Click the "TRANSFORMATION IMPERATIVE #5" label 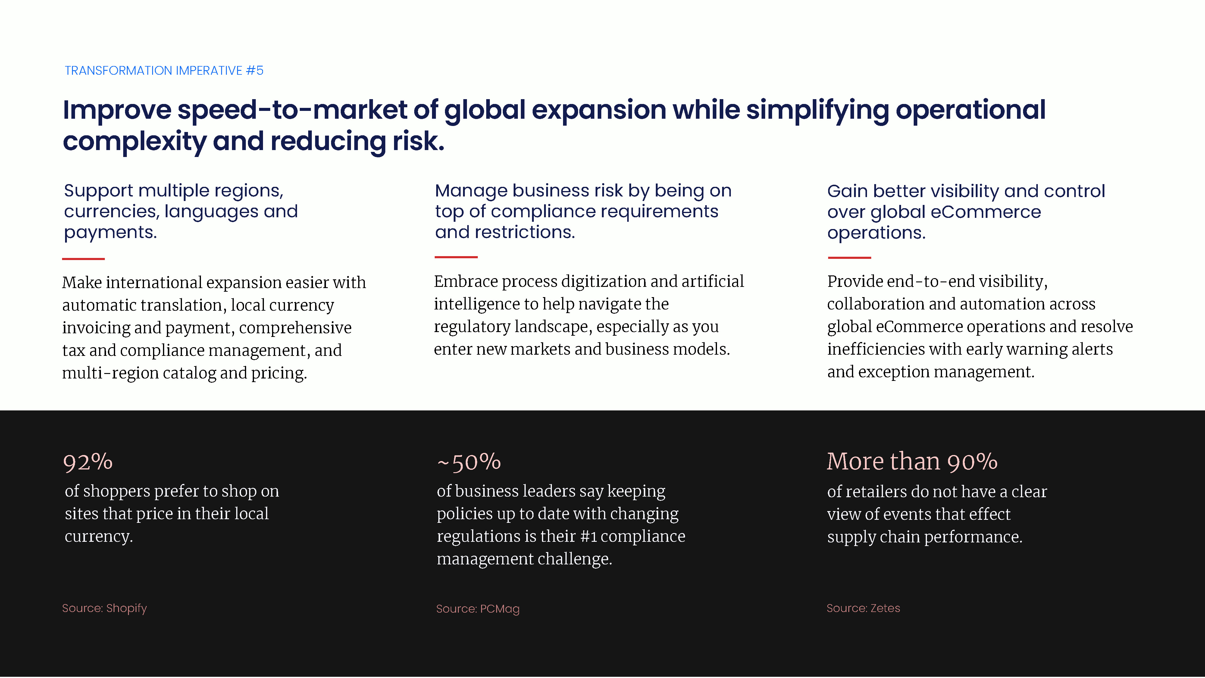(x=164, y=71)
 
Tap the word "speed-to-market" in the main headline (x=292, y=110)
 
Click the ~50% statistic (x=469, y=462)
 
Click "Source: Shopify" (x=104, y=608)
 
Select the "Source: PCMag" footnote (x=477, y=609)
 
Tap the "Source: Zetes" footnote (x=863, y=608)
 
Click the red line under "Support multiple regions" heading (x=83, y=259)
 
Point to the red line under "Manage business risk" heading (x=456, y=257)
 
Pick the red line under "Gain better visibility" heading (x=850, y=257)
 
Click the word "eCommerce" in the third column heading (x=986, y=212)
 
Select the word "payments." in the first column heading (x=110, y=233)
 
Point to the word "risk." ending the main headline (x=418, y=141)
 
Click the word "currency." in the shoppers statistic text (x=99, y=537)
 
